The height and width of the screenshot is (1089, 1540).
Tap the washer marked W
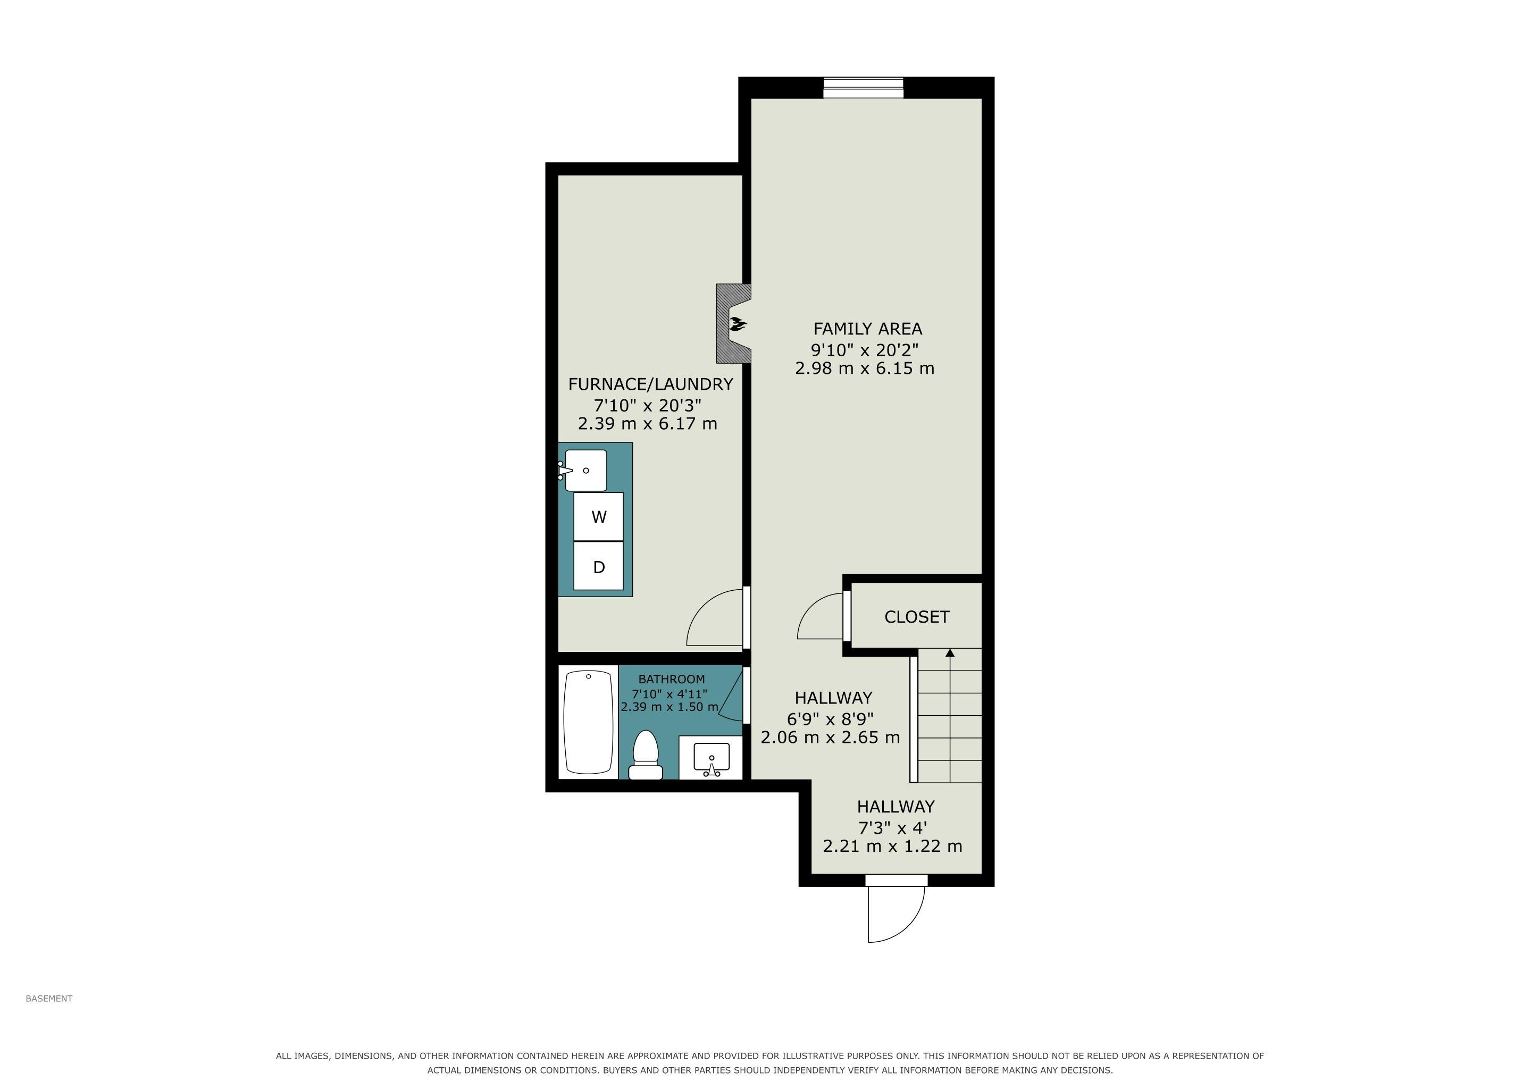tap(598, 517)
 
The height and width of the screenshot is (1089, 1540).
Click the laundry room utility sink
tap(585, 470)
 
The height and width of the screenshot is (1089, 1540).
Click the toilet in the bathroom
tap(645, 755)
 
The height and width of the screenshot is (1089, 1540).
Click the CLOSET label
tap(917, 617)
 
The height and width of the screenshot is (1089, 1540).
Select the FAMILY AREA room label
tap(867, 329)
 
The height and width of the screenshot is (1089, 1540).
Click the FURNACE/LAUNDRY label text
tap(650, 384)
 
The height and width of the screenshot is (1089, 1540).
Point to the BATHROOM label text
tap(672, 679)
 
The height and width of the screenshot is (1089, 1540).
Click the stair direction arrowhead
tap(950, 652)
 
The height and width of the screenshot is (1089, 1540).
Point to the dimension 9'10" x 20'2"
tap(865, 350)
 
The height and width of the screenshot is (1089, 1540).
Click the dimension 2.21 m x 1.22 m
tap(893, 846)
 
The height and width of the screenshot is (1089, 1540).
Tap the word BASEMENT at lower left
tap(49, 999)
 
